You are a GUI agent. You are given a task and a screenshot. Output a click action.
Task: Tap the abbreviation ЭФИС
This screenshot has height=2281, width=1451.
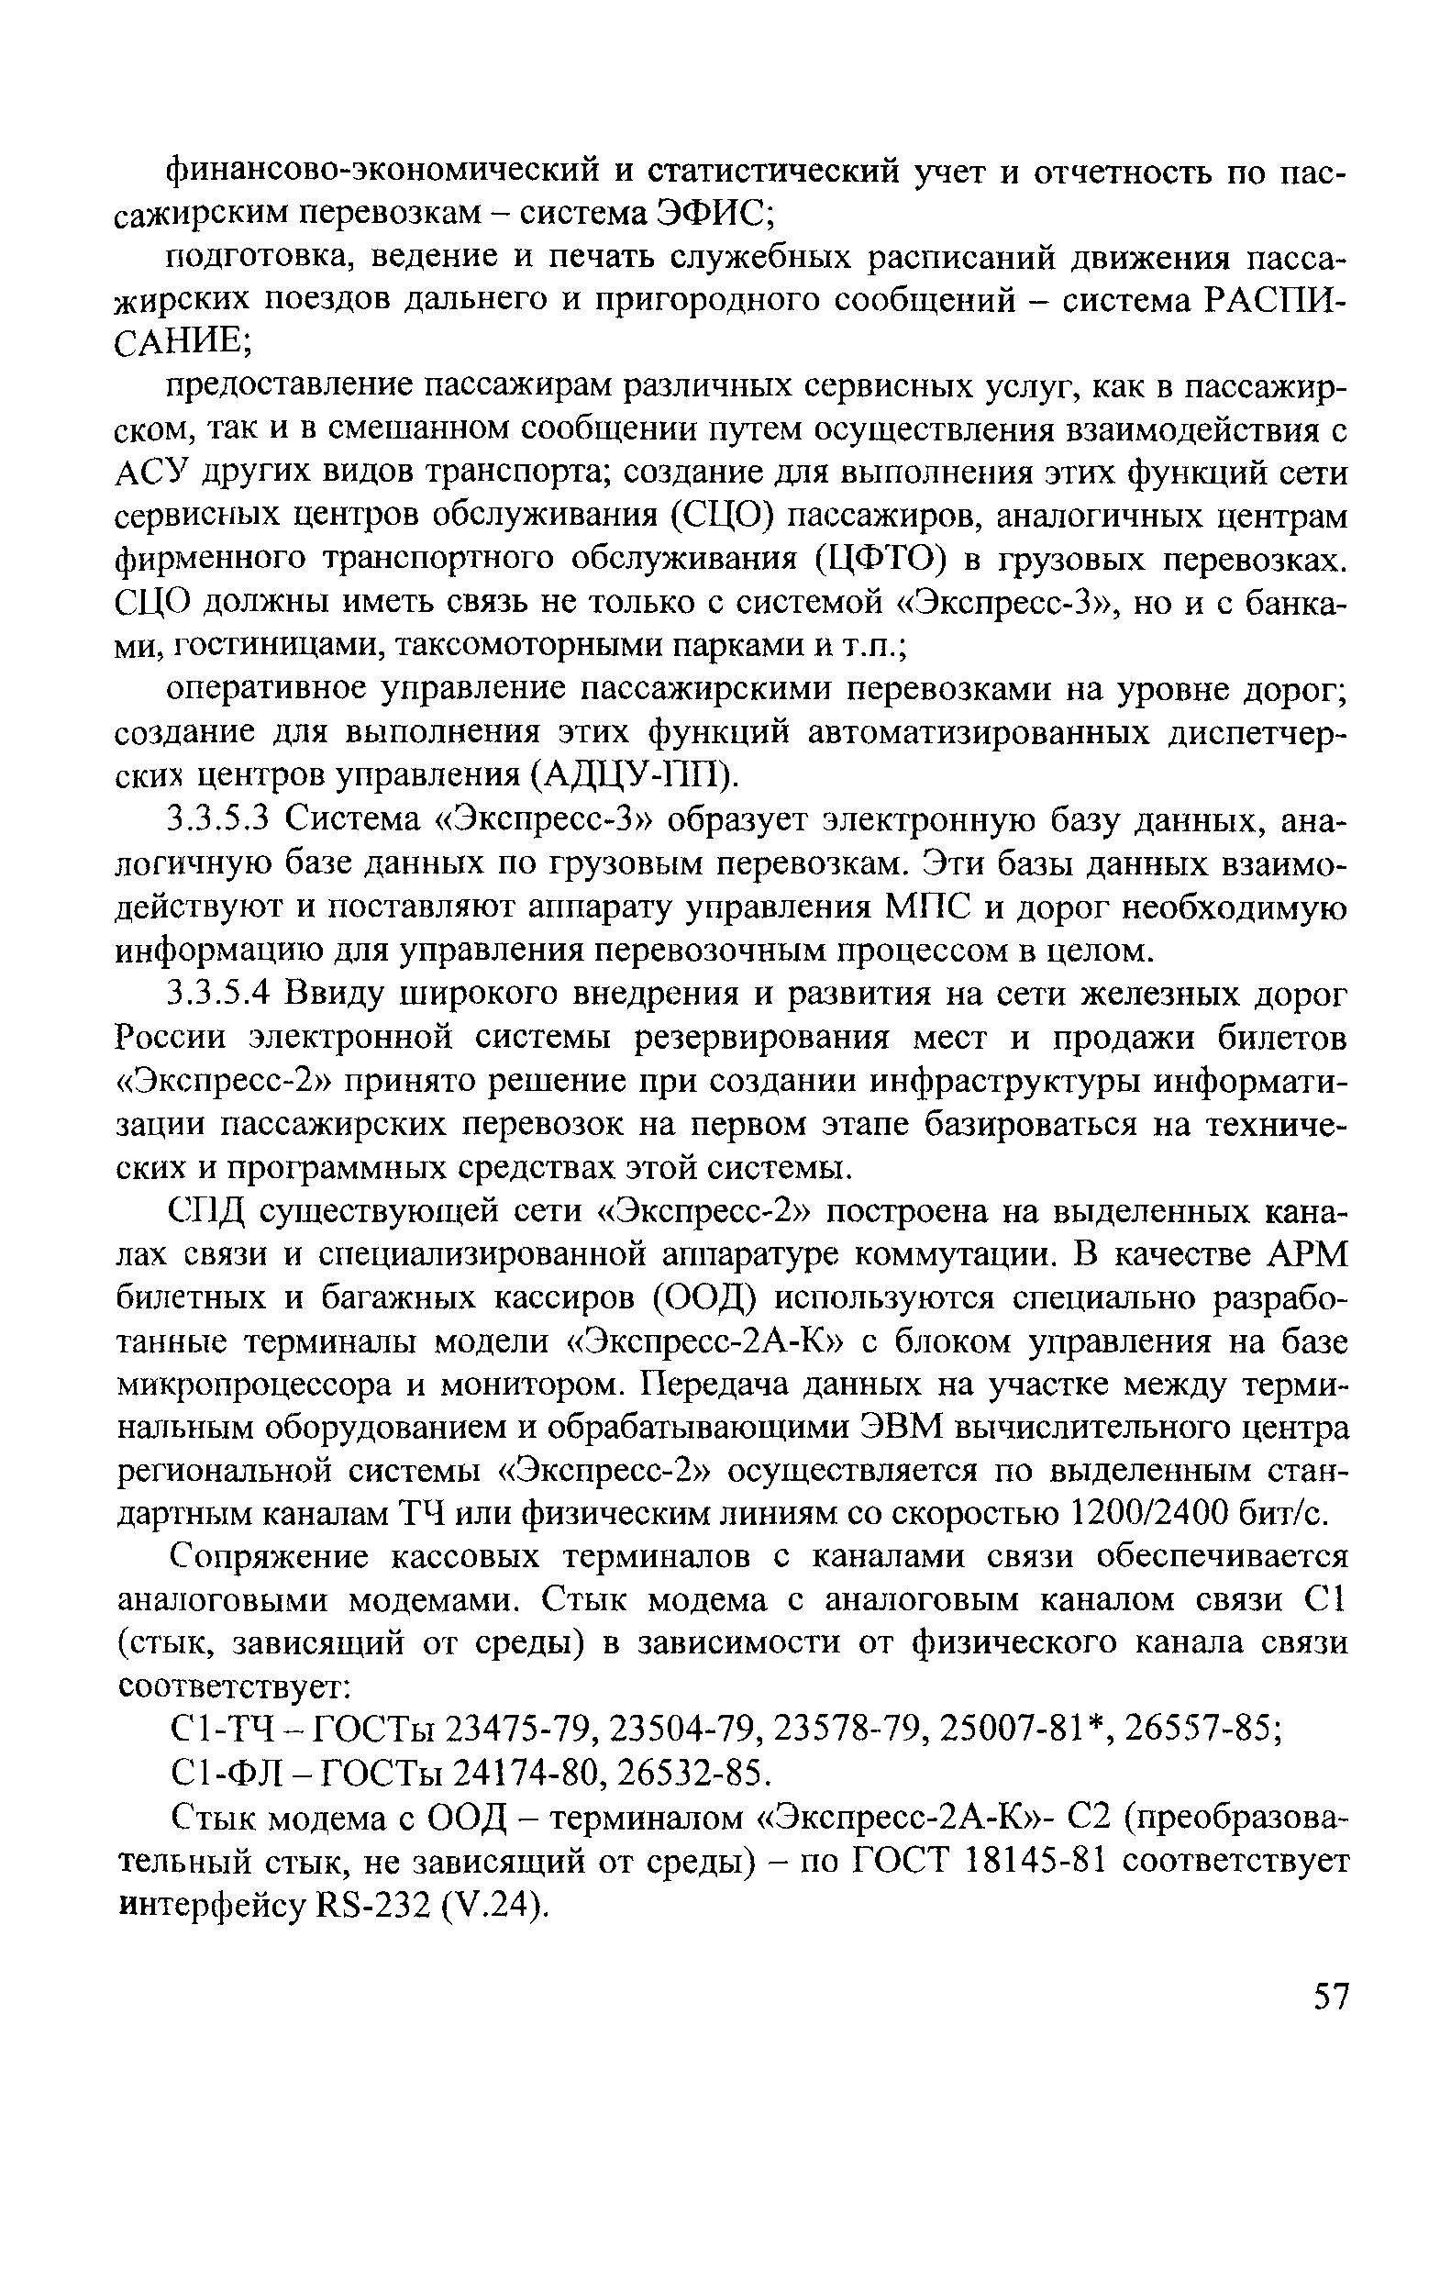[714, 214]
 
